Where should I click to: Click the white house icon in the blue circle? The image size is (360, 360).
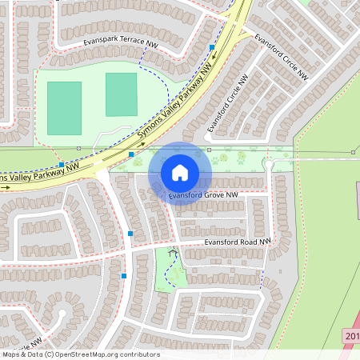(x=180, y=172)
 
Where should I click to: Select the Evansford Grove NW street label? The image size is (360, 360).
(x=204, y=194)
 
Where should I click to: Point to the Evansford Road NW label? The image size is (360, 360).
(x=238, y=241)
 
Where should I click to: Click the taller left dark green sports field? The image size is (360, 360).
(x=64, y=108)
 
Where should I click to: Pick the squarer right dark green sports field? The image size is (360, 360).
(x=121, y=94)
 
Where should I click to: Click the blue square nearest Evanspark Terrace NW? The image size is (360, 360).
(x=211, y=48)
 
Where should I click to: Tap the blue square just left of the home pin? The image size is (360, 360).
(x=131, y=154)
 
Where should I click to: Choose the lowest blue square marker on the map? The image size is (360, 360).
(x=124, y=275)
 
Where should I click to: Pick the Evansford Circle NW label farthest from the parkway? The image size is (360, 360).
(x=281, y=57)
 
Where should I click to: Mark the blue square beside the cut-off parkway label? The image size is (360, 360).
(x=62, y=164)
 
